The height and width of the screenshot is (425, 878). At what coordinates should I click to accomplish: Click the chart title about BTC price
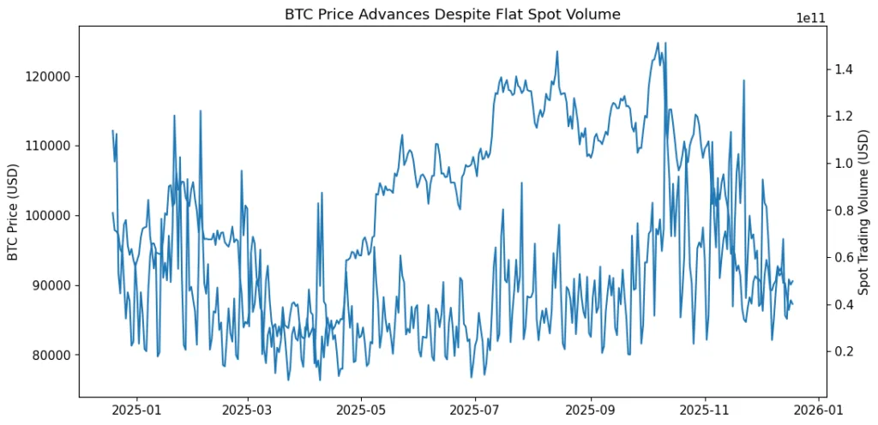[x=452, y=14]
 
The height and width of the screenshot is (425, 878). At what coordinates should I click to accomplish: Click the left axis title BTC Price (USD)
[x=12, y=212]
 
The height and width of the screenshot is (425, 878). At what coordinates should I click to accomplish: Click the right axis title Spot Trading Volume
[x=864, y=212]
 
